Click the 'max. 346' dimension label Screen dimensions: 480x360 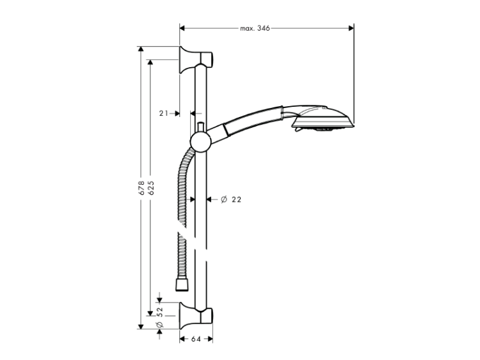[x=255, y=28]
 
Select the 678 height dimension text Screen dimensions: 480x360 [x=141, y=188]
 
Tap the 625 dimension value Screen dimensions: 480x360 [x=150, y=188]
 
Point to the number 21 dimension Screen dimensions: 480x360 [x=163, y=113]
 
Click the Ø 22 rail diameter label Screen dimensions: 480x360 [x=231, y=200]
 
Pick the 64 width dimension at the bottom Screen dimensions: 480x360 [x=196, y=339]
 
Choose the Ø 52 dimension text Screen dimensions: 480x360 [x=160, y=317]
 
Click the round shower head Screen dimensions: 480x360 [x=321, y=120]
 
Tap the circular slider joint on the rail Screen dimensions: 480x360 [x=200, y=142]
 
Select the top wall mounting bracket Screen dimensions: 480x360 [x=195, y=59]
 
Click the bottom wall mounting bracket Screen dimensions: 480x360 [x=195, y=316]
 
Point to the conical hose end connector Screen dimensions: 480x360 [x=182, y=285]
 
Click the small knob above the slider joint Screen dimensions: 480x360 [x=201, y=127]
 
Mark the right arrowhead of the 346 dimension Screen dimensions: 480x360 [x=351, y=28]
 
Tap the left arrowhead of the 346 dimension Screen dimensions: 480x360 [x=182, y=28]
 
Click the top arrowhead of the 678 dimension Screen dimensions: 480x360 [x=141, y=49]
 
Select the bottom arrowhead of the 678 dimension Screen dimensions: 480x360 [x=141, y=326]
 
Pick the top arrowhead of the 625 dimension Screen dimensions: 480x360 [x=150, y=63]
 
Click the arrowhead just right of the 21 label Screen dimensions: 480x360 [x=177, y=113]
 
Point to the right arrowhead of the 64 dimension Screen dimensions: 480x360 [x=210, y=339]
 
